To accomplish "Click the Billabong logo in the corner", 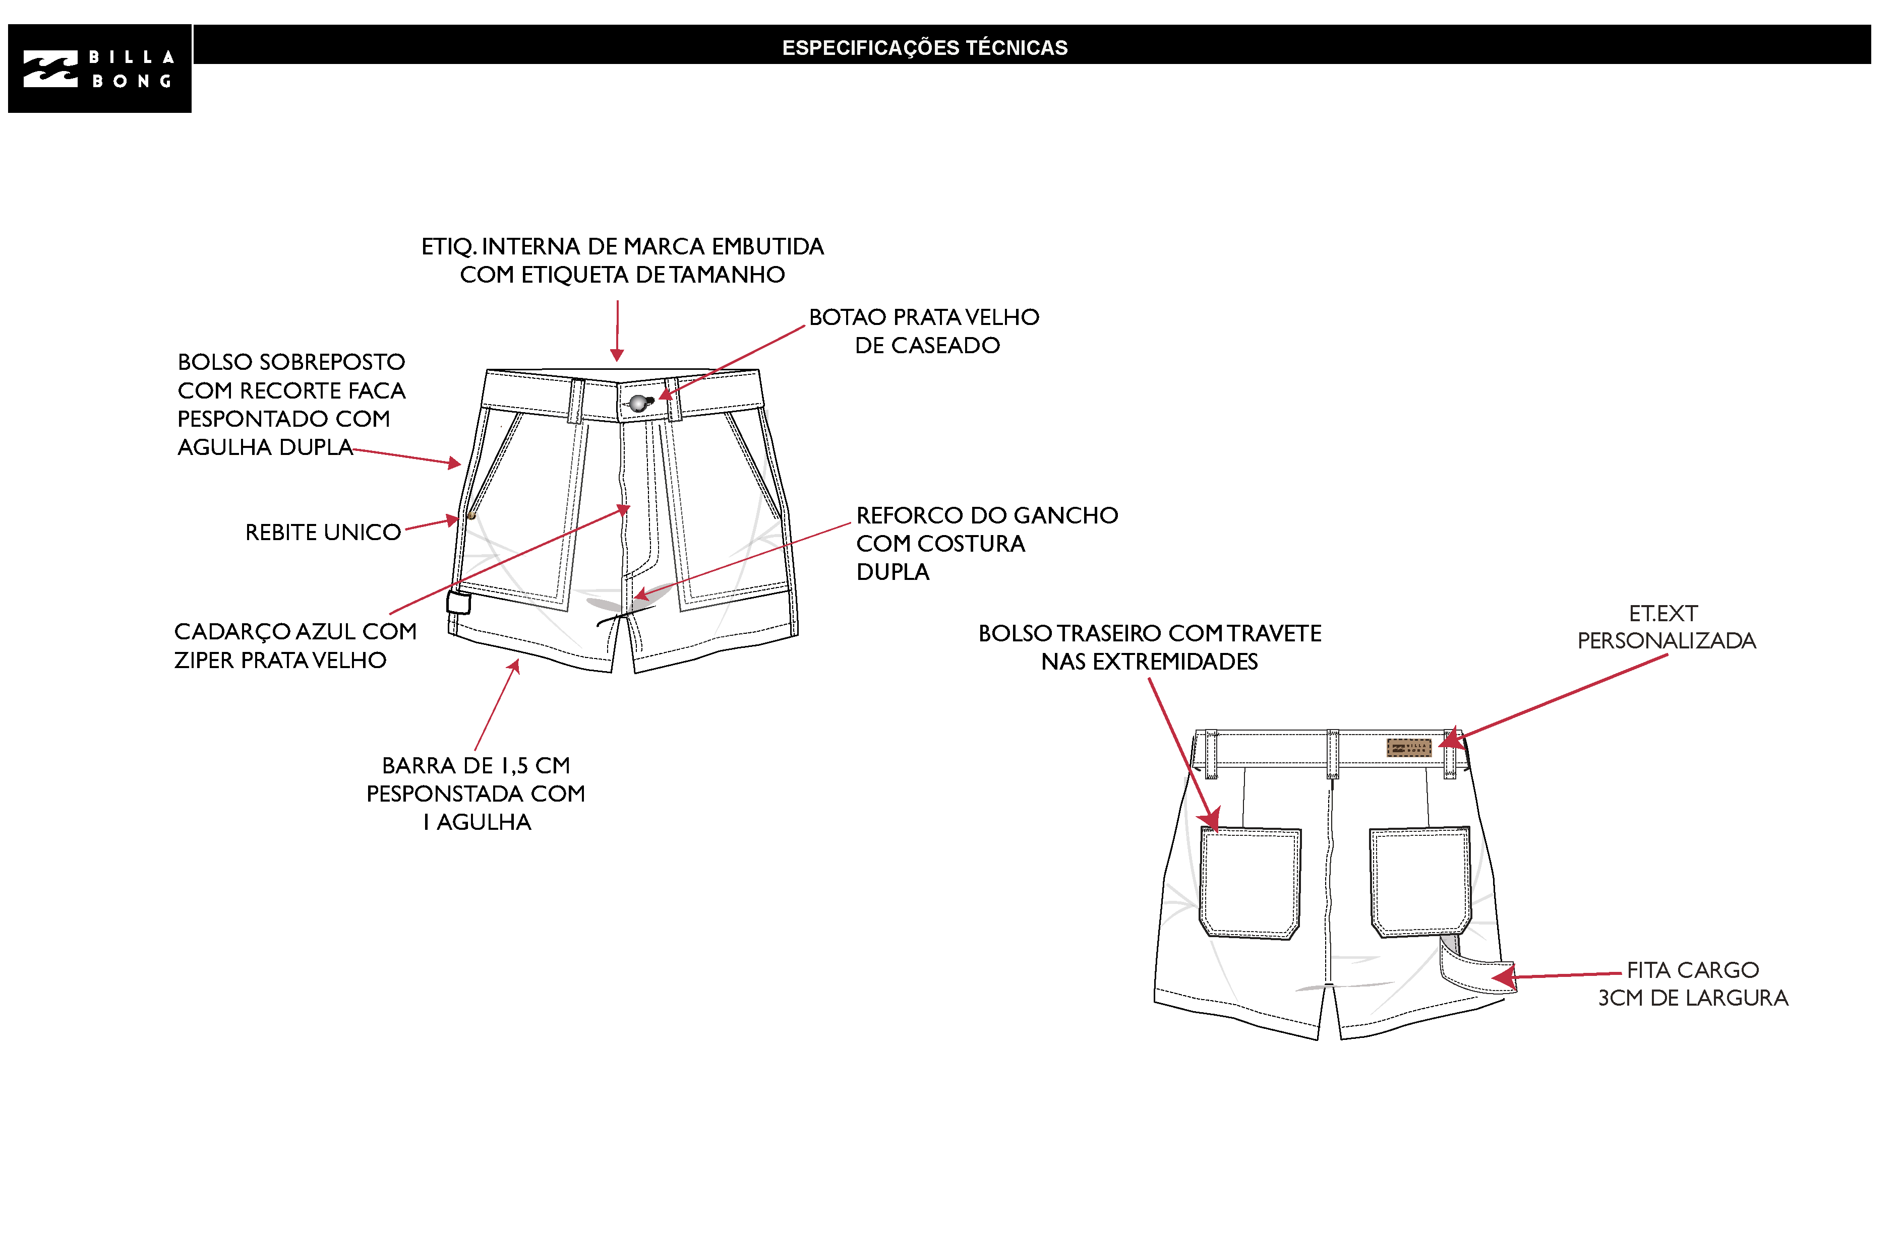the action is point(100,69).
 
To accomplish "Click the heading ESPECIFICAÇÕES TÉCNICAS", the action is point(925,48).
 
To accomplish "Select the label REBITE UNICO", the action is point(323,532).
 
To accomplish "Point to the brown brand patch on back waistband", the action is point(1408,748).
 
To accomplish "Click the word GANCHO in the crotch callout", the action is point(1065,515).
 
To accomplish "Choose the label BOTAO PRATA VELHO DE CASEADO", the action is point(925,331).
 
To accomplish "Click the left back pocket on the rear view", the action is point(1250,883).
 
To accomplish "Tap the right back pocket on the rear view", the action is point(1420,882).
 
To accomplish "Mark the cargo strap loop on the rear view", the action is point(1477,970).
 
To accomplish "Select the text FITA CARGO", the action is point(1693,970).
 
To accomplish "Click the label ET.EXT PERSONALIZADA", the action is point(1666,627).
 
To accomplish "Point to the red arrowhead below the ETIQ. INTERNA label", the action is point(617,355).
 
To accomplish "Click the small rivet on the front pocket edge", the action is point(471,516).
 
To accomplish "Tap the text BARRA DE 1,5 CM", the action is point(477,765).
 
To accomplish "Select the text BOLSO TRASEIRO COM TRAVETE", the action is point(1150,633).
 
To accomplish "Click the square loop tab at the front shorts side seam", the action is point(459,602).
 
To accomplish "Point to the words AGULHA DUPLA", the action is point(265,447).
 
